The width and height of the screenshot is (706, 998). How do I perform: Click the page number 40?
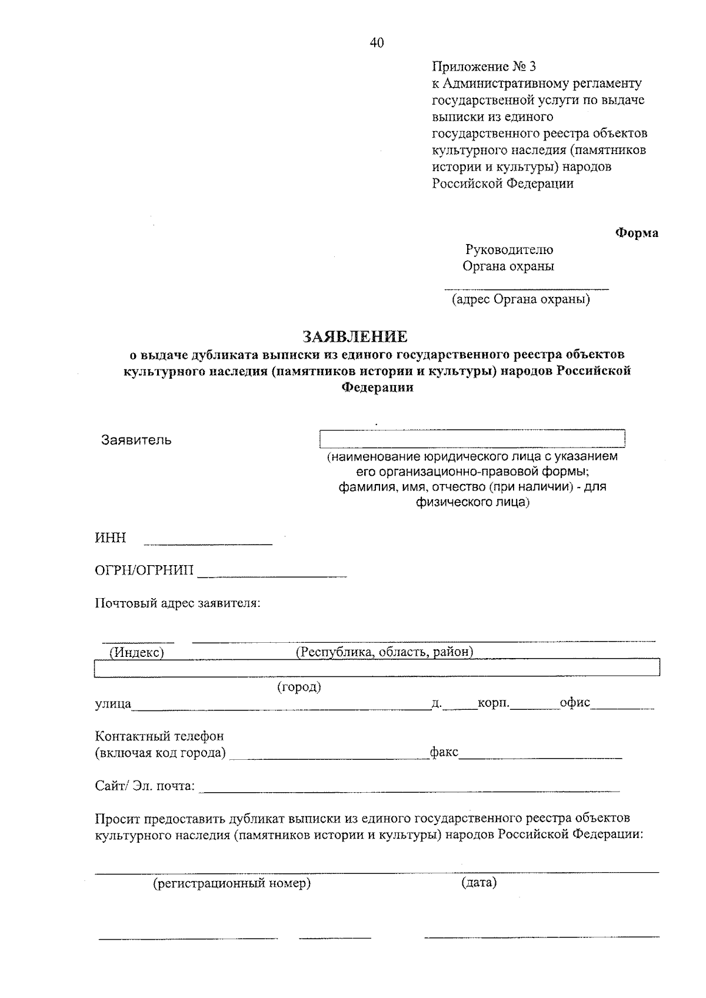(x=377, y=42)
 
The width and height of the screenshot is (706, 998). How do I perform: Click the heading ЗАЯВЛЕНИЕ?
(x=355, y=336)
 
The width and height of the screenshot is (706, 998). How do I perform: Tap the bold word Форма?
(x=637, y=233)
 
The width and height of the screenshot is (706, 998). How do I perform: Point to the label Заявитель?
(x=136, y=440)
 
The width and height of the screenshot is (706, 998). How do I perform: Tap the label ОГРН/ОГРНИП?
(x=144, y=570)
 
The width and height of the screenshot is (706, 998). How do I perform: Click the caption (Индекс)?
(x=136, y=652)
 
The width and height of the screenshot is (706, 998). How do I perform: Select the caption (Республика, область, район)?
(x=384, y=652)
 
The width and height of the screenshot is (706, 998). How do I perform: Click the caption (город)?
(x=299, y=686)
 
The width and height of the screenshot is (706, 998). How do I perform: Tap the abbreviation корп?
(x=494, y=703)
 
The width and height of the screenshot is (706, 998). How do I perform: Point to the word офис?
(x=575, y=703)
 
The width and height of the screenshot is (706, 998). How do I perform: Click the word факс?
(x=444, y=752)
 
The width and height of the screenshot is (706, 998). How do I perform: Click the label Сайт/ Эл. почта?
(x=145, y=786)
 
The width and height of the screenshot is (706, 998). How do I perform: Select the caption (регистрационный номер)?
(x=232, y=883)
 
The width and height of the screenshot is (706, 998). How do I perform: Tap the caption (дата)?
(x=479, y=883)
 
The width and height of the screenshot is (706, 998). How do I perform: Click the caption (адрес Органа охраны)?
(x=521, y=300)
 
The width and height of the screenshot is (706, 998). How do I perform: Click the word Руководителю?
(x=509, y=250)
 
